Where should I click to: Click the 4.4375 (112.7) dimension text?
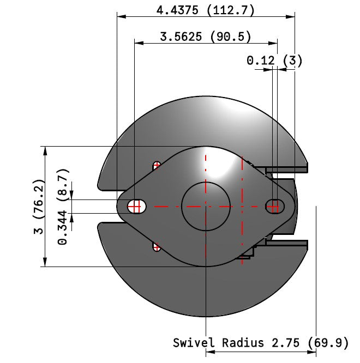(x=205, y=10)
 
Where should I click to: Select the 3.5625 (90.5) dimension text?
(x=206, y=37)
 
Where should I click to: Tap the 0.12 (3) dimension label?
(x=274, y=60)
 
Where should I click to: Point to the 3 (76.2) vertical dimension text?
(x=39, y=206)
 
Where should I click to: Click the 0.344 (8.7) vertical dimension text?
(x=63, y=207)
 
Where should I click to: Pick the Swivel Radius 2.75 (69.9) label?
(x=261, y=343)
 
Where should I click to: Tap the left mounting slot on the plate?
(x=137, y=207)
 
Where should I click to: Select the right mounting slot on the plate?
(x=275, y=206)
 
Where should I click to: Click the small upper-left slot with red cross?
(x=157, y=165)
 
